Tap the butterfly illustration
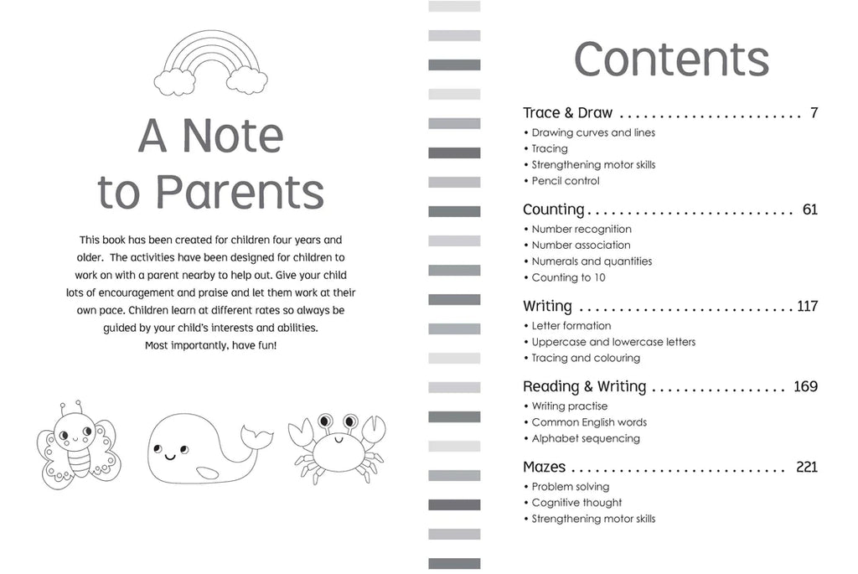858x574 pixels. pyautogui.click(x=79, y=443)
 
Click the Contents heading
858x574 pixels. pyautogui.click(x=671, y=59)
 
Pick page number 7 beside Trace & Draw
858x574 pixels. pyautogui.click(x=814, y=113)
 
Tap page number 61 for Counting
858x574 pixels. pyautogui.click(x=809, y=209)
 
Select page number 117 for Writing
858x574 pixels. pyautogui.click(x=806, y=307)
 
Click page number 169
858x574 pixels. pyautogui.click(x=805, y=386)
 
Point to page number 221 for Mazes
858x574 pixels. pyautogui.click(x=806, y=467)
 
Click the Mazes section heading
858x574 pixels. pyautogui.click(x=544, y=467)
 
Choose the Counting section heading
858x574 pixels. pyautogui.click(x=553, y=209)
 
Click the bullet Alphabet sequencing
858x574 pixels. pyautogui.click(x=585, y=438)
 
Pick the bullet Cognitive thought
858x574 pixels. pyautogui.click(x=576, y=503)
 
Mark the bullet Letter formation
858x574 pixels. pyautogui.click(x=571, y=326)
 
